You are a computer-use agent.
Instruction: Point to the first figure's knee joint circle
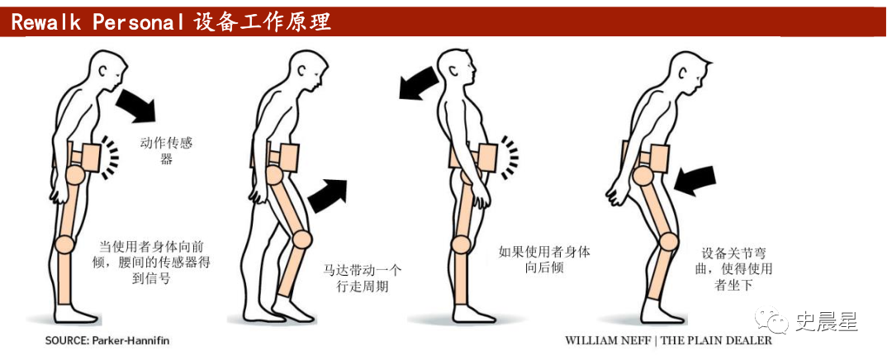(x=65, y=245)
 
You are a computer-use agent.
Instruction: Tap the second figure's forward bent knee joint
(x=302, y=239)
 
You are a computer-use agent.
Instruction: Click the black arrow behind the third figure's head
(x=419, y=83)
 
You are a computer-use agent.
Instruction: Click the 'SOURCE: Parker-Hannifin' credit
(x=107, y=341)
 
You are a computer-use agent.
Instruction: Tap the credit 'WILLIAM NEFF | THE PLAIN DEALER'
(x=668, y=341)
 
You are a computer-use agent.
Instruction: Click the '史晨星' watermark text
(x=827, y=322)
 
